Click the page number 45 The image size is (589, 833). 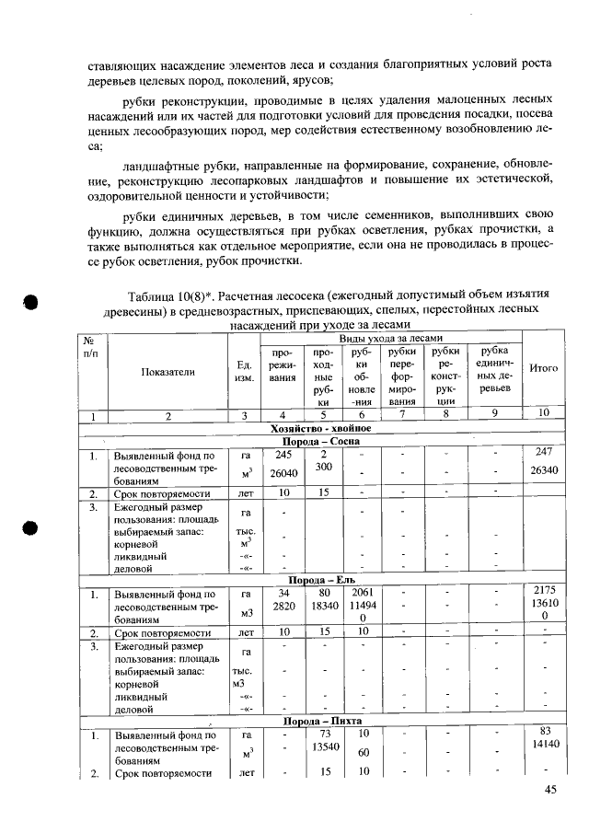(551, 789)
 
